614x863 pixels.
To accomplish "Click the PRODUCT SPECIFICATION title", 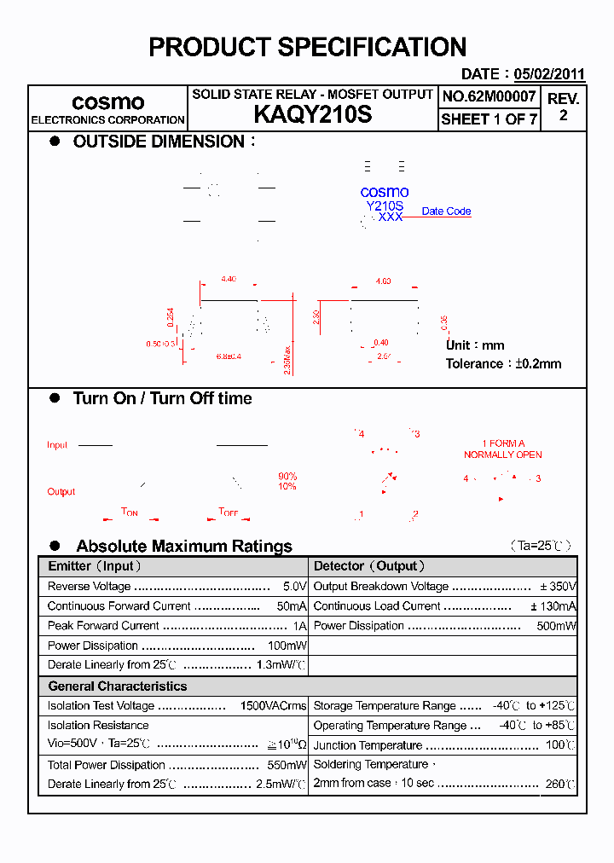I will tap(307, 47).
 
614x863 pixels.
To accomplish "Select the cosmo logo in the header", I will tap(107, 102).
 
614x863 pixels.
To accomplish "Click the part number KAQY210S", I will tap(312, 115).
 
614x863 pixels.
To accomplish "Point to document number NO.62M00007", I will tap(489, 97).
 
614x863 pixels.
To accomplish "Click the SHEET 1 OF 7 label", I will tap(489, 119).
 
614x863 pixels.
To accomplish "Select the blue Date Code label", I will tap(446, 211).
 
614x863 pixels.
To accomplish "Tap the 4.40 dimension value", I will tap(228, 280).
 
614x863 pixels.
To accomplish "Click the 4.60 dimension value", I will tap(383, 281).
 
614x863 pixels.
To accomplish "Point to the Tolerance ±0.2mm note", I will tap(503, 364).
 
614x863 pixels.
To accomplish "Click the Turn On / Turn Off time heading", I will tap(162, 398).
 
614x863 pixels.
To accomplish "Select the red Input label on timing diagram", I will tap(57, 445).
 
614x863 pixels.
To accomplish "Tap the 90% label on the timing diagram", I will tap(287, 476).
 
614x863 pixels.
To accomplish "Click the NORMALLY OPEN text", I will tap(502, 455).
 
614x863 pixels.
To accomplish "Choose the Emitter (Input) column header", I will tap(95, 566).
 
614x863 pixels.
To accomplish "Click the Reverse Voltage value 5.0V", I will tap(294, 587).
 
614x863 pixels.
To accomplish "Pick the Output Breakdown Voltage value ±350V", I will tap(558, 587).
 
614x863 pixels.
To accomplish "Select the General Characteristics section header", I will tap(117, 686).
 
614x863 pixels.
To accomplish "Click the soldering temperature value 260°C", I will tap(560, 784).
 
